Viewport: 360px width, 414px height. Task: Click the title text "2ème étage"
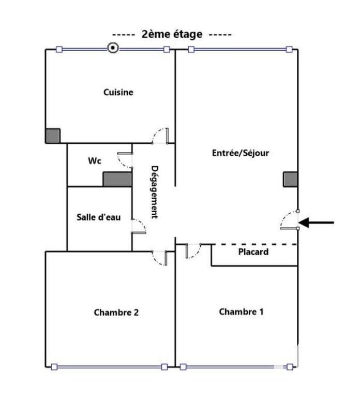point(172,34)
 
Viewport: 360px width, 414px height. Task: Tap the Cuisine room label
point(118,93)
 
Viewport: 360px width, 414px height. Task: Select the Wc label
point(94,161)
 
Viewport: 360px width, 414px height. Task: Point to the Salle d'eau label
point(99,217)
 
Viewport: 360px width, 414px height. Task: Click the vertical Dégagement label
point(154,192)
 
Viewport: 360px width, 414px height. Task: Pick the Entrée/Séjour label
point(241,153)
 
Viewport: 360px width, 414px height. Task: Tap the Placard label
point(253,253)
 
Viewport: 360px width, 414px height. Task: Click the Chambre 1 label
point(241,312)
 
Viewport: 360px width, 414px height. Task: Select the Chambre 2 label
point(116,312)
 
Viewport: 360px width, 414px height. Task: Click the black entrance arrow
point(318,223)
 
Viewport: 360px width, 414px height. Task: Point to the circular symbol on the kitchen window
point(113,48)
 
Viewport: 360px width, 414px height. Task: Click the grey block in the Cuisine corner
point(53,136)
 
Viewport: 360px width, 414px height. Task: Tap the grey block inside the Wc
point(117,179)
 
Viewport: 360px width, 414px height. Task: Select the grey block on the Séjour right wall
point(290,179)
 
